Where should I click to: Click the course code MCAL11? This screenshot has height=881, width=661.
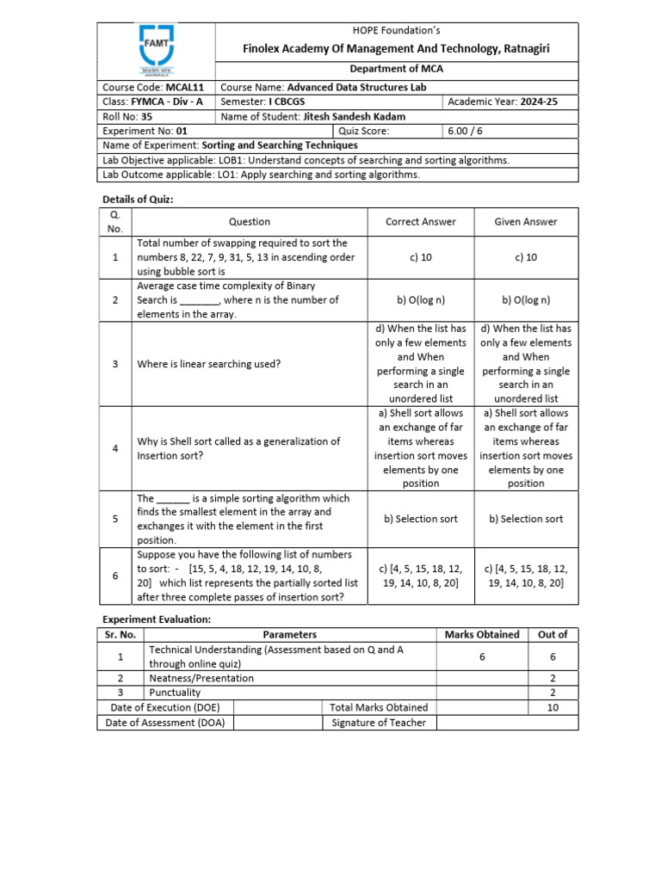[x=184, y=87]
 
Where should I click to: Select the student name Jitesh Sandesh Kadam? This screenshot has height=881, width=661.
[x=357, y=116]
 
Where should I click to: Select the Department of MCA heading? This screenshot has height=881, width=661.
[x=396, y=69]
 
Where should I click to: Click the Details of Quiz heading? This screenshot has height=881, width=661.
[x=138, y=199]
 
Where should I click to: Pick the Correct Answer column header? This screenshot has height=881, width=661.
[x=421, y=221]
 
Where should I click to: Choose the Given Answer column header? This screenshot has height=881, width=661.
[x=525, y=221]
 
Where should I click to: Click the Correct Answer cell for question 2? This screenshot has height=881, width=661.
[x=421, y=300]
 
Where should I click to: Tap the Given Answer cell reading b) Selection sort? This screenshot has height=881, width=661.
[x=525, y=519]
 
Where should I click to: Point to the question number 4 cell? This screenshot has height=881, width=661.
[x=114, y=448]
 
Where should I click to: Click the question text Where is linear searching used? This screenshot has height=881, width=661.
[x=209, y=364]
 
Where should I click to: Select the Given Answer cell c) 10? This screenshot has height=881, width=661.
[x=525, y=257]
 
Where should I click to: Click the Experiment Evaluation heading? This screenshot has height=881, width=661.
[x=156, y=619]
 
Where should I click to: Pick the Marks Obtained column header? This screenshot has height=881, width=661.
[x=481, y=634]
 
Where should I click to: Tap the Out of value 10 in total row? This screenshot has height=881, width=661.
[x=552, y=707]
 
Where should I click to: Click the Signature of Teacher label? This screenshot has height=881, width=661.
[x=379, y=723]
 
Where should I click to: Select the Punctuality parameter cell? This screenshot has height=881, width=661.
[x=175, y=692]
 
